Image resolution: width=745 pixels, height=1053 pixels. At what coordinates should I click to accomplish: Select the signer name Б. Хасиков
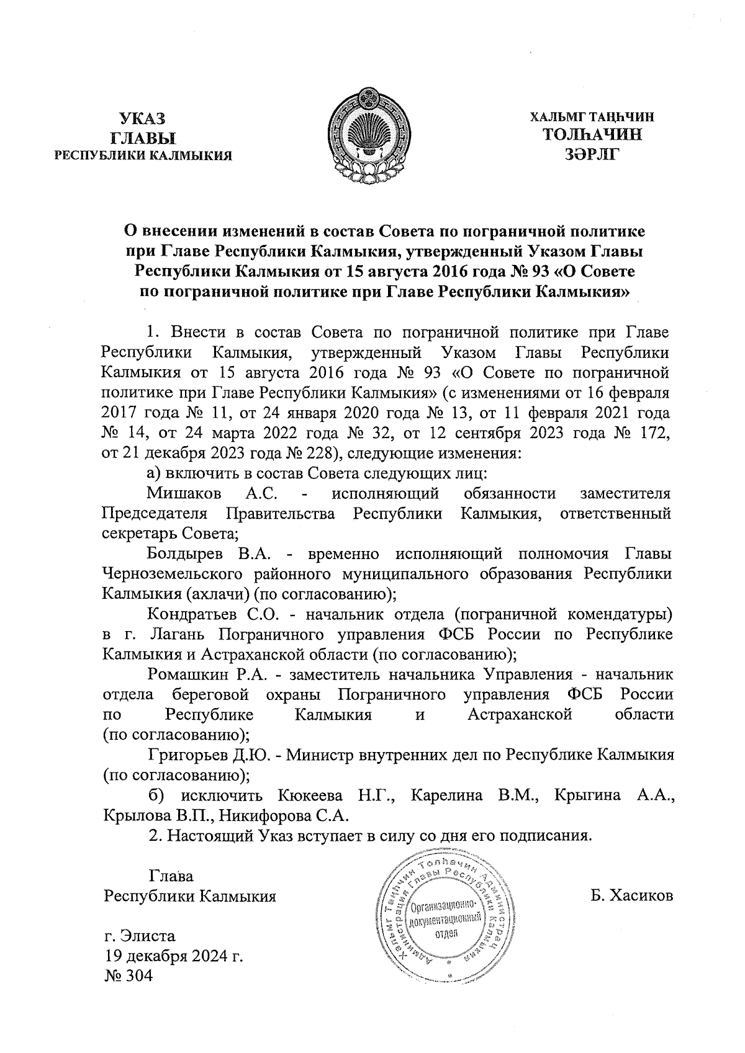(x=633, y=896)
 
